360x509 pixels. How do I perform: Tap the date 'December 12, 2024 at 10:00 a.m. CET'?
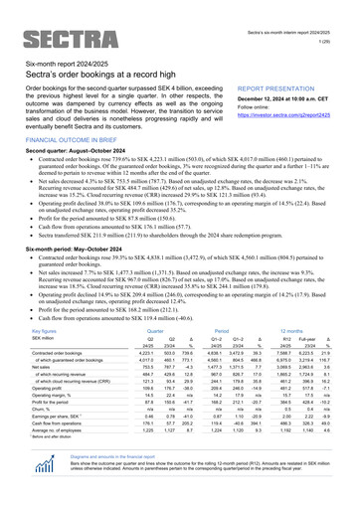coord(289,100)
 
